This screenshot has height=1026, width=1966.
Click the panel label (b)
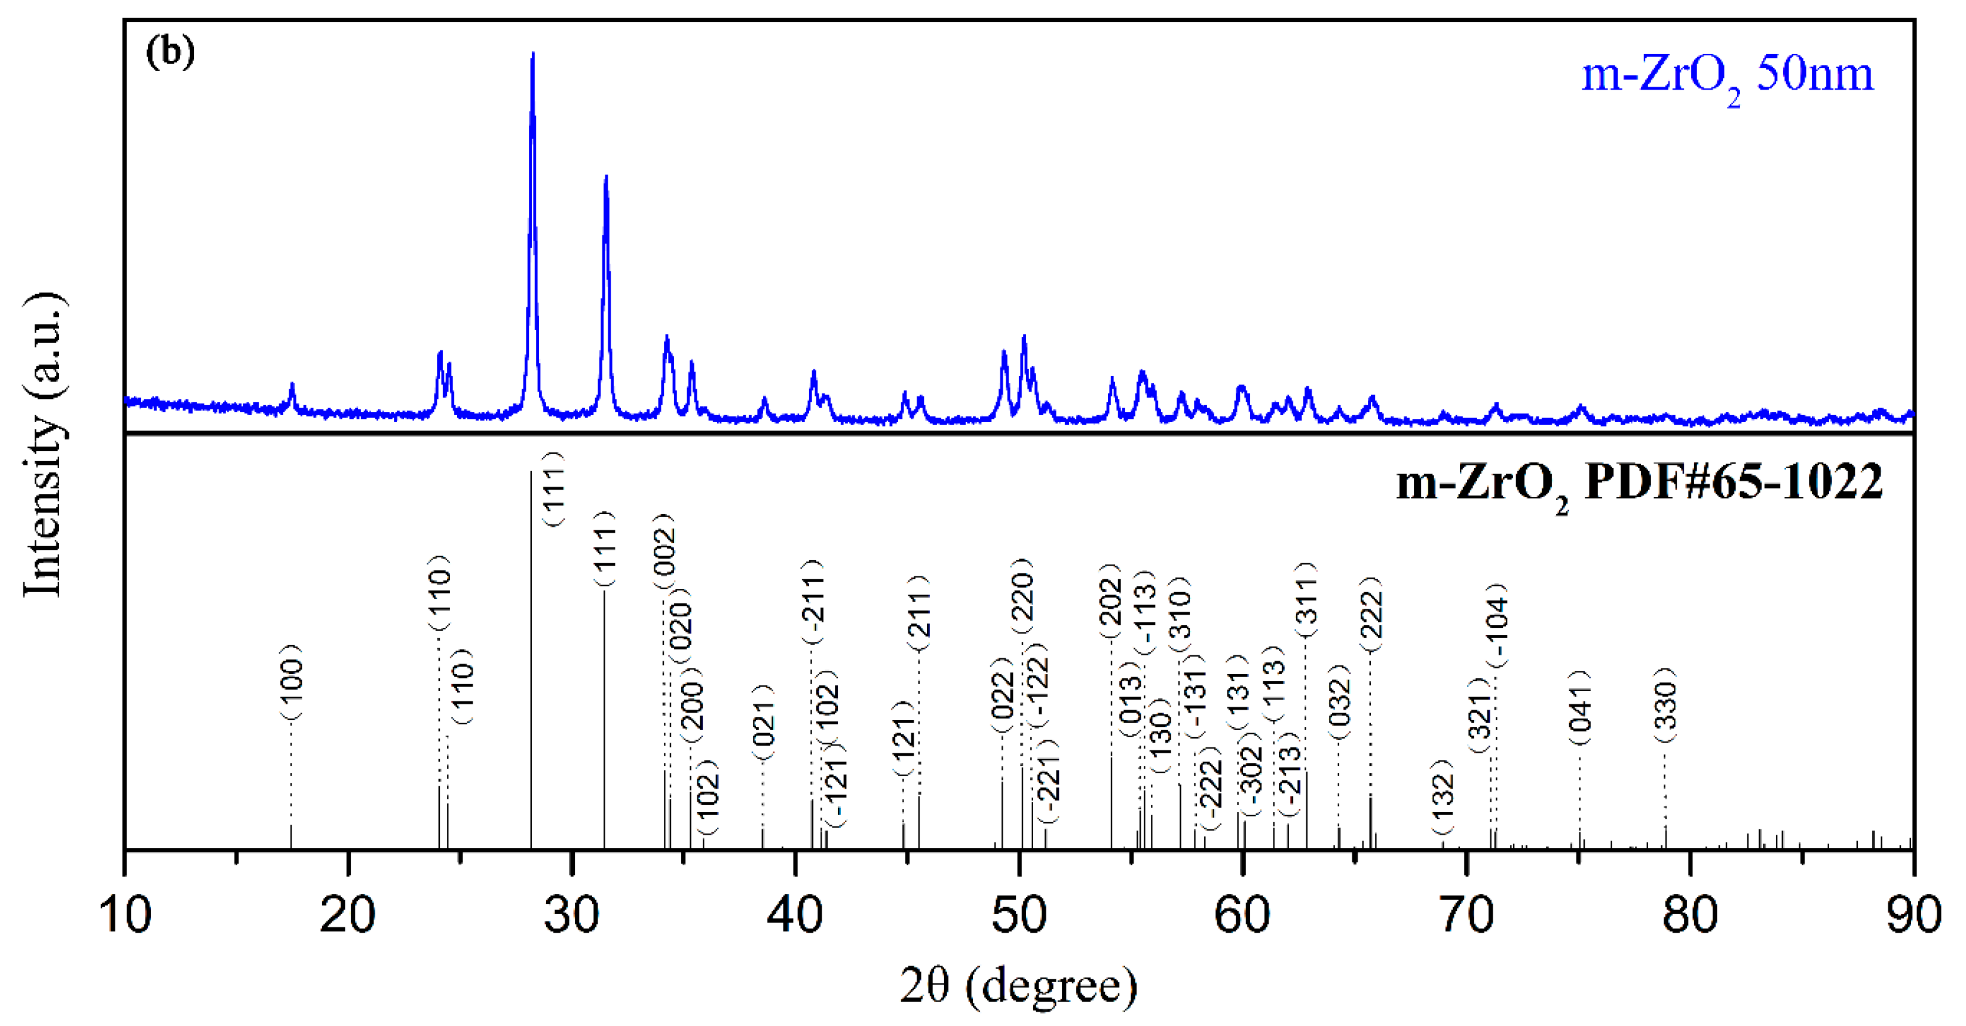pyautogui.click(x=170, y=52)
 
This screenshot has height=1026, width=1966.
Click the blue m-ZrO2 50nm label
pyautogui.click(x=1727, y=77)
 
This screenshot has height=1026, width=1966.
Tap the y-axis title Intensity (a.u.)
pyautogui.click(x=44, y=445)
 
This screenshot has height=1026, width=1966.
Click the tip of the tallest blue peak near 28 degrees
pyautogui.click(x=532, y=53)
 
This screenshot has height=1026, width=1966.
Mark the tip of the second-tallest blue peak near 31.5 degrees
pyautogui.click(x=606, y=177)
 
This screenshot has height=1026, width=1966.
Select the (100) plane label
pyautogui.click(x=292, y=682)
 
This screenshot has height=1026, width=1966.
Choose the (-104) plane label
pyautogui.click(x=1497, y=625)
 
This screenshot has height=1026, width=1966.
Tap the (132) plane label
pyautogui.click(x=1442, y=798)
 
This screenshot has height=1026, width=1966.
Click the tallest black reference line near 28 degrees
pyautogui.click(x=531, y=656)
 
